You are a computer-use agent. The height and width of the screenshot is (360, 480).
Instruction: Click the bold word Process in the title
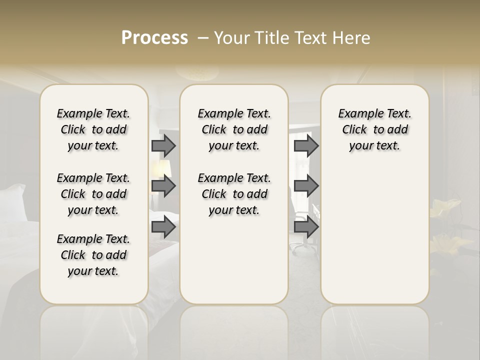[x=154, y=38]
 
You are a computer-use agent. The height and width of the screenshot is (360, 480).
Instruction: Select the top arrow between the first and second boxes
[x=163, y=145]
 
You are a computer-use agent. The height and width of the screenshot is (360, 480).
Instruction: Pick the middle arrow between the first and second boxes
[x=163, y=186]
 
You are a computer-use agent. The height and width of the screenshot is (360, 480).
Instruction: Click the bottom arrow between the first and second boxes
[x=163, y=227]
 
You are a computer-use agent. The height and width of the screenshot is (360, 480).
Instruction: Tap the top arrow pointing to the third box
[x=306, y=145]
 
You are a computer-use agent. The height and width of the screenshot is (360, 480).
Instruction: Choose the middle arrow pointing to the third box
[x=306, y=186]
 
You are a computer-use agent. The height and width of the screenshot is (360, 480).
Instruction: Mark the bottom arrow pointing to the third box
[x=306, y=227]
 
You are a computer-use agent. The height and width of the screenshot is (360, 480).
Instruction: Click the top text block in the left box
[x=93, y=129]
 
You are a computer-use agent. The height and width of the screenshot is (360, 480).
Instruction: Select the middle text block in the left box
[x=93, y=194]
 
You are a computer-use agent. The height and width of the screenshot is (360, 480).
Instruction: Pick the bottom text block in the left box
[x=93, y=255]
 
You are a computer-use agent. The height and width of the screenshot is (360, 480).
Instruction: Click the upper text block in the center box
[x=234, y=129]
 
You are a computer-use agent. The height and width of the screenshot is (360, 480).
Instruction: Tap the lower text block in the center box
[x=234, y=194]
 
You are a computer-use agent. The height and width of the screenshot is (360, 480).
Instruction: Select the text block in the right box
[x=374, y=129]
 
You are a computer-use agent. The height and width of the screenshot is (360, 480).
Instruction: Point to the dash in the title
[x=202, y=38]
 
